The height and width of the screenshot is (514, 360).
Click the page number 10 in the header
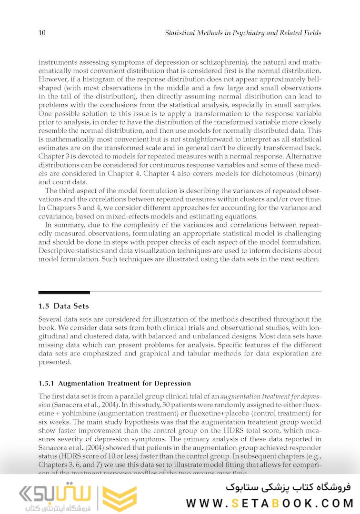[42, 33]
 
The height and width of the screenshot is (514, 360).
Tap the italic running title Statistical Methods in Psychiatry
[243, 33]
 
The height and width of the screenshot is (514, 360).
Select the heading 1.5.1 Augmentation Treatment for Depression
[115, 383]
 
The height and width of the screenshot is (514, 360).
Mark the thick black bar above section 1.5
[64, 292]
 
